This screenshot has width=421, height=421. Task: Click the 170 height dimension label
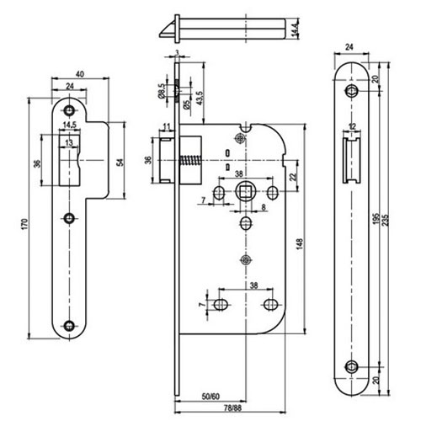click(25, 224)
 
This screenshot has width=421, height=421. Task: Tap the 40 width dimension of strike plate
click(80, 74)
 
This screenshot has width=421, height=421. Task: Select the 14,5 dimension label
click(69, 125)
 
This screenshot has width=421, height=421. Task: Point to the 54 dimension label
click(121, 163)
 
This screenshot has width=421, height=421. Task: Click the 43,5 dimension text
click(200, 98)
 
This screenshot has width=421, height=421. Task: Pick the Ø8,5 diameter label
click(162, 92)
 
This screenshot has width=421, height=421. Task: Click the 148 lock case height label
click(300, 244)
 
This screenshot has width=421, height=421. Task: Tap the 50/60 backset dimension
click(210, 397)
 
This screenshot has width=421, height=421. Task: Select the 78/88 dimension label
click(232, 408)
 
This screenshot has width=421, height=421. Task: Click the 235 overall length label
click(386, 221)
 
